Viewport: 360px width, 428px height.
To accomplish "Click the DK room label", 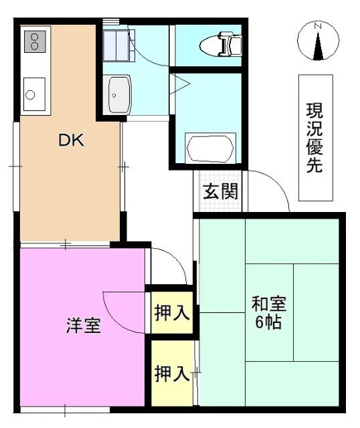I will [70, 140].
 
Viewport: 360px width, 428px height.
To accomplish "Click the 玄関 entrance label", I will [219, 192].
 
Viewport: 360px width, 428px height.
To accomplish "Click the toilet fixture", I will [221, 45].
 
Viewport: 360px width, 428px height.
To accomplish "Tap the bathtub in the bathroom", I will [209, 147].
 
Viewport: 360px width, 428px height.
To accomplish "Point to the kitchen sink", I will [33, 94].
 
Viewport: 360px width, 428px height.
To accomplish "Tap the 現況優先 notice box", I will [314, 138].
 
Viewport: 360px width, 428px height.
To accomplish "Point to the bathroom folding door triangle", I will [181, 84].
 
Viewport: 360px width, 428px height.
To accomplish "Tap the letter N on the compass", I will [319, 26].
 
